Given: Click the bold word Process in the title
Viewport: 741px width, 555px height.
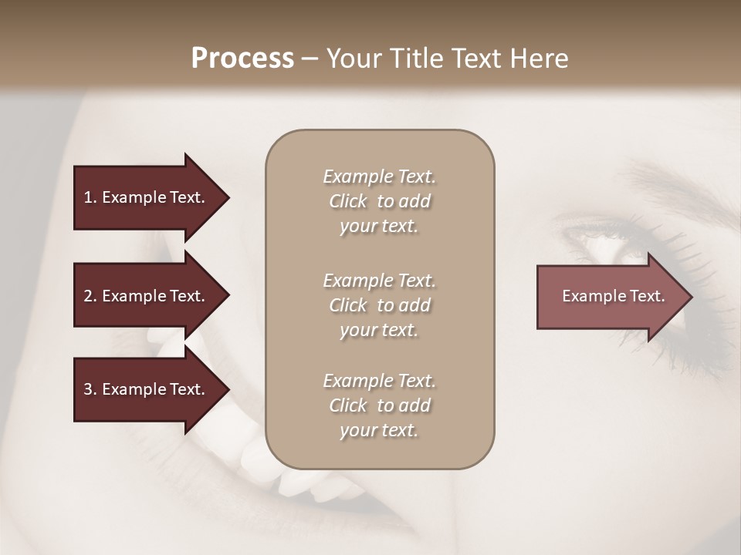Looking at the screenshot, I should tap(242, 59).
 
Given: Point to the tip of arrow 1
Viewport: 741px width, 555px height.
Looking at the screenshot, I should tap(227, 197).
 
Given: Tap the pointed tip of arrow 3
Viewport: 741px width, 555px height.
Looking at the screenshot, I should tap(227, 389).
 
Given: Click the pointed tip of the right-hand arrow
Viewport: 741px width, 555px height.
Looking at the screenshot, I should tap(690, 297).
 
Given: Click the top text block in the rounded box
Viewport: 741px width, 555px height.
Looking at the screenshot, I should tap(379, 201).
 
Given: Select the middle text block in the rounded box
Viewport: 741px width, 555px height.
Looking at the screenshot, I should tap(379, 305).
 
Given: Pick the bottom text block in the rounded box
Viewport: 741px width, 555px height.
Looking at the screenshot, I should tap(379, 405).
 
